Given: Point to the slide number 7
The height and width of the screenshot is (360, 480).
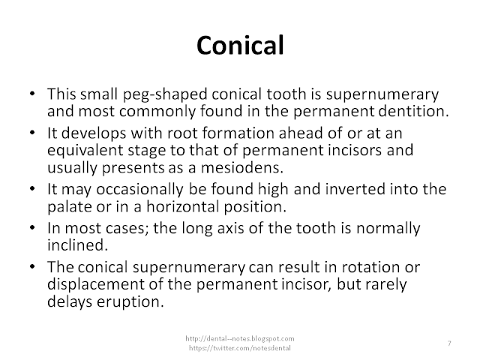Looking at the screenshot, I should click(x=448, y=343).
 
